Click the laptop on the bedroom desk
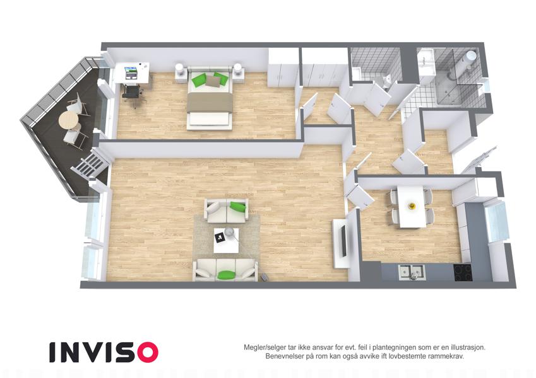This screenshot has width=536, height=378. (131, 72)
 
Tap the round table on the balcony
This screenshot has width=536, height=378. (69, 120)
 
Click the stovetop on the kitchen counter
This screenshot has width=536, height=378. (463, 272)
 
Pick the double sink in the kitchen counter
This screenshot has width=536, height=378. (411, 272)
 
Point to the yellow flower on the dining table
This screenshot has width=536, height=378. (412, 206)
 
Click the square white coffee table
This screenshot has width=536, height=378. (226, 240)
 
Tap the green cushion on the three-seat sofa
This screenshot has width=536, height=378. (226, 275)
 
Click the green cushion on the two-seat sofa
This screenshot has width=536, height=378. (238, 206)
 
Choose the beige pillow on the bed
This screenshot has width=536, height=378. (213, 81)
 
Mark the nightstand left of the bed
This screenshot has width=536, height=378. (181, 72)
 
